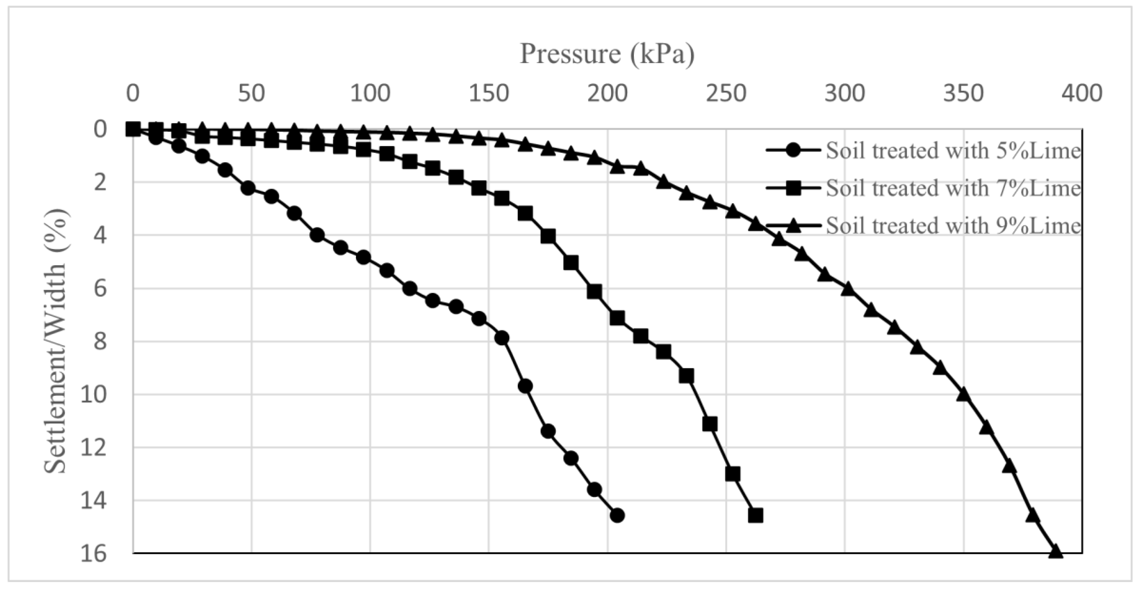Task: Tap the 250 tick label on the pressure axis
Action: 726,94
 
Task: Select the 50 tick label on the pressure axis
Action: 251,94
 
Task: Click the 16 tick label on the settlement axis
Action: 94,553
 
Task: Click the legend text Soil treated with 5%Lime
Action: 953,151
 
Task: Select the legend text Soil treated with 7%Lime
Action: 953,188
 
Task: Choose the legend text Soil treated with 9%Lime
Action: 953,226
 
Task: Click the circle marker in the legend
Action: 793,151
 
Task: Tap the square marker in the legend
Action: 793,188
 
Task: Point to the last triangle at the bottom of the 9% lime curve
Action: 1055,552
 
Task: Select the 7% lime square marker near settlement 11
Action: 709,424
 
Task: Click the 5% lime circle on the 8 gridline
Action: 502,338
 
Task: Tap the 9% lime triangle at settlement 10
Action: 963,394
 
